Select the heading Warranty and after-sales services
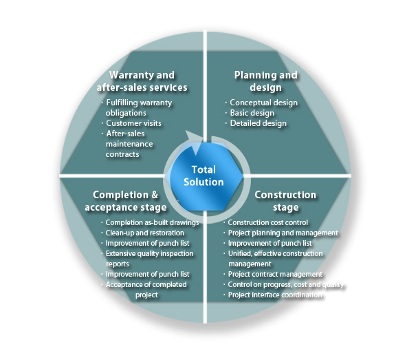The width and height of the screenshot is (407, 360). coord(142,81)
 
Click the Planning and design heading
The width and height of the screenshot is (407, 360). coord(266,81)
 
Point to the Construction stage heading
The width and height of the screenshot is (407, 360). coord(285,201)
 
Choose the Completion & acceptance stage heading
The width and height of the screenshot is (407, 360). coord(126,201)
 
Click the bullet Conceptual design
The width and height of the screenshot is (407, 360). coord(261,103)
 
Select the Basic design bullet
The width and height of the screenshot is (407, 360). coord(250,113)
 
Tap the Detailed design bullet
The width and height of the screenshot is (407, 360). coord(256,123)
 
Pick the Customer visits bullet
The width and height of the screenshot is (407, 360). coord(131,123)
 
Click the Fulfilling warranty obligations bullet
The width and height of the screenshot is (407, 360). coord(137,108)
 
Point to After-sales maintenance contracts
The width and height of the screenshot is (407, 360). coord(127,144)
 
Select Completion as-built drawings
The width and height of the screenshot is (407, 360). coord(150,223)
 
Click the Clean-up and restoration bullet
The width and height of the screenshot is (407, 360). coord(142,233)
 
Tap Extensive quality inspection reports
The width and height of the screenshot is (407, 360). coord(147,259)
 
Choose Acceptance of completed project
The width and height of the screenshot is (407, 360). coord(144,290)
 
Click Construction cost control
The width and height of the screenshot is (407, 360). coord(266,223)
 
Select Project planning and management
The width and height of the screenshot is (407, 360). coord(281,233)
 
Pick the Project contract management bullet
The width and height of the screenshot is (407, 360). coord(273,274)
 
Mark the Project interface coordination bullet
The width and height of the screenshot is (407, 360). coord(273,295)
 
